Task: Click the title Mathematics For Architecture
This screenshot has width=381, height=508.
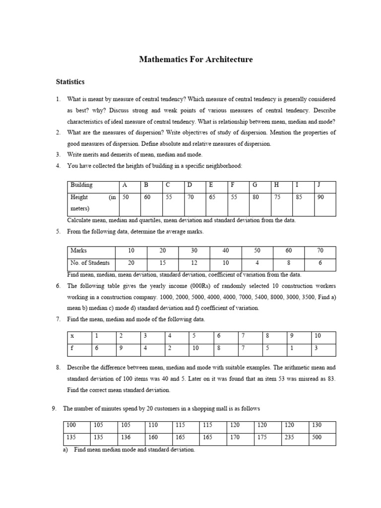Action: tap(196, 60)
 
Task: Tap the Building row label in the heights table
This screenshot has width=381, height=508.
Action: tap(81, 185)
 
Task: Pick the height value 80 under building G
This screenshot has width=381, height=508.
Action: tap(255, 197)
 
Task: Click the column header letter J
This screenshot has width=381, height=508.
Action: tap(318, 185)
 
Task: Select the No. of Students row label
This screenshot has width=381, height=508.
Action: tap(90, 263)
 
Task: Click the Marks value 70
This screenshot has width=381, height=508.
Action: tap(320, 251)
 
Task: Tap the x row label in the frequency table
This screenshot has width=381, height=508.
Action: tap(72, 336)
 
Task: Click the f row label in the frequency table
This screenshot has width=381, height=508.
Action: tap(72, 348)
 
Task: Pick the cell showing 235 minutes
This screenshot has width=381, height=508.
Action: tap(289, 438)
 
